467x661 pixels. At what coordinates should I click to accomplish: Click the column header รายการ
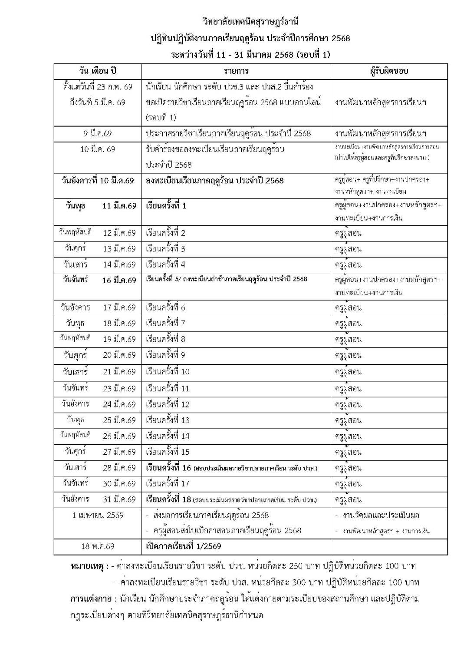pos(236,71)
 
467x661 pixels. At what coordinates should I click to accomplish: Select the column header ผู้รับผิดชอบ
pos(389,71)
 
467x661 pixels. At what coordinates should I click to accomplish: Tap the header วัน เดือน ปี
pos(98,71)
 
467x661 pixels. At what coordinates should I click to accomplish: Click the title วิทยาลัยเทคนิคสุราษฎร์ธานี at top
pos(250,21)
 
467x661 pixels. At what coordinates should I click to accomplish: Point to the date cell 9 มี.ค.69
pos(98,133)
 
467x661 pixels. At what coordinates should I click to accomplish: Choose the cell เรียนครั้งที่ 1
pos(166,206)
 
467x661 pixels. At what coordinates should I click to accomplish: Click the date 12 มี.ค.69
pos(119,233)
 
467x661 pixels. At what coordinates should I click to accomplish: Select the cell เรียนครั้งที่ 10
pos(168,372)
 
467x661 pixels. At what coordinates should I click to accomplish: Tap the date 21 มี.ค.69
pos(119,372)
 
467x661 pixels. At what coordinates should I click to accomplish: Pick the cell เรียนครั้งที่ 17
pos(168,483)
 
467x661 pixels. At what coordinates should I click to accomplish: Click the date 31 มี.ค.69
pos(119,499)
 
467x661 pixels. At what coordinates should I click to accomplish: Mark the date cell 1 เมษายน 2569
pos(98,516)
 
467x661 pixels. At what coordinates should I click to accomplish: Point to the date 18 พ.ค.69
pos(98,546)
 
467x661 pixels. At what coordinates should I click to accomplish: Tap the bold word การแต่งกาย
pos(91,599)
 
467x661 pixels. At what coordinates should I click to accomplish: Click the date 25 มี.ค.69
pos(119,420)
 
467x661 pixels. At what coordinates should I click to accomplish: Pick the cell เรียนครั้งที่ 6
pos(166,308)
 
